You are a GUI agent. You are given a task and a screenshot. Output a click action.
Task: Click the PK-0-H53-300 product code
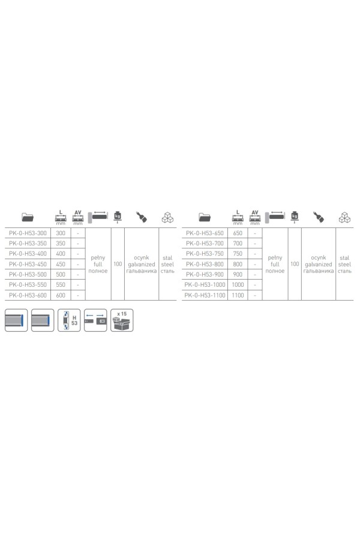tap(28, 233)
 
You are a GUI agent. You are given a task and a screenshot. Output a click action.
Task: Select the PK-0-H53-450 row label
tap(28, 264)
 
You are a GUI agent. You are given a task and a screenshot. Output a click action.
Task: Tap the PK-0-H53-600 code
tap(28, 295)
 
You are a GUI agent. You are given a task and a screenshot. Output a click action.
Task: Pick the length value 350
tap(61, 244)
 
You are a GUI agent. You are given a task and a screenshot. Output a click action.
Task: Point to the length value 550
tap(61, 285)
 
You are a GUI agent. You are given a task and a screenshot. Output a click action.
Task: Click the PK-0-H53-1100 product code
tap(205, 295)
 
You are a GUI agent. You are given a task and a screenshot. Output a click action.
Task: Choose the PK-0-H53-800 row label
tap(205, 264)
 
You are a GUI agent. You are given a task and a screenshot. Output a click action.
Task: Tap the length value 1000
tap(238, 285)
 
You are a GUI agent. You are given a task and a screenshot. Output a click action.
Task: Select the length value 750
tap(238, 254)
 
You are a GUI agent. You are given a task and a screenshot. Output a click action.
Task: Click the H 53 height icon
tap(69, 320)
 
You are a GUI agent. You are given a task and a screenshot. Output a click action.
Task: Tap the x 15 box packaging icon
tap(122, 320)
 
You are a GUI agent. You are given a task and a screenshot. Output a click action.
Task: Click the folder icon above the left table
tap(28, 217)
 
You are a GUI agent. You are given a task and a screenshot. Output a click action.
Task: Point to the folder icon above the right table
tap(205, 217)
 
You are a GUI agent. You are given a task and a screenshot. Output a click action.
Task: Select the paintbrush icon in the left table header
tap(141, 217)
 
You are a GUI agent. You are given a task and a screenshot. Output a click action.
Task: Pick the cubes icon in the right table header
tap(344, 218)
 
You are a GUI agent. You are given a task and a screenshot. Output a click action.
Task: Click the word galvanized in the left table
tap(141, 265)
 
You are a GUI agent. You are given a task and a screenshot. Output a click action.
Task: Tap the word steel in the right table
tap(344, 265)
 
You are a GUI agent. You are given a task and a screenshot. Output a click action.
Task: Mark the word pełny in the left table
tap(98, 258)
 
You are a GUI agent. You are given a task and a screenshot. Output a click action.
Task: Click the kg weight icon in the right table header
tap(295, 216)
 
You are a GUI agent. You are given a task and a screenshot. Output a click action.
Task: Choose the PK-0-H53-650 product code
tap(205, 233)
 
